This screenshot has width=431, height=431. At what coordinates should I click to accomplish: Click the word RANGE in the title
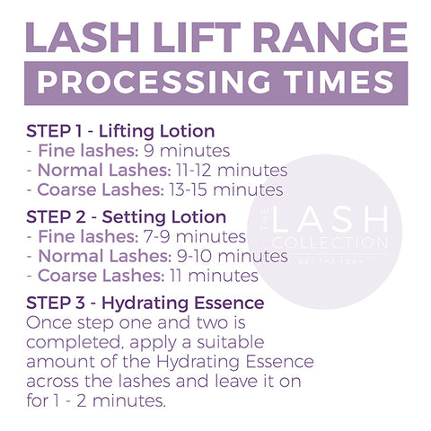point(330,38)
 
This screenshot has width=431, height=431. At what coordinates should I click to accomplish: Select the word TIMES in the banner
point(339,82)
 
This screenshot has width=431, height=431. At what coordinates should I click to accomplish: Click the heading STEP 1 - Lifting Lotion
point(120,131)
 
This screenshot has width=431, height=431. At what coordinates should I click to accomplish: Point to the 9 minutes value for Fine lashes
point(187,151)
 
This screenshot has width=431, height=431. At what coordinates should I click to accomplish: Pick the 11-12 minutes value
point(232,170)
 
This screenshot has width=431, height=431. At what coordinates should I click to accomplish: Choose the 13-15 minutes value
point(226,189)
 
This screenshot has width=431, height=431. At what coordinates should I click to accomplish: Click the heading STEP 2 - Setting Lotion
point(126,217)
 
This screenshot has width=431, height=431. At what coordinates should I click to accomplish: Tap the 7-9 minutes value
point(195,236)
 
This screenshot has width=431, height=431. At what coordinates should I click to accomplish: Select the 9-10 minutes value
point(233,256)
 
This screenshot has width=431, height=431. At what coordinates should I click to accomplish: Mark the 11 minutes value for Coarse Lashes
point(214,276)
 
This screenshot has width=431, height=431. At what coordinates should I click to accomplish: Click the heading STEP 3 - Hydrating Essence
point(145,303)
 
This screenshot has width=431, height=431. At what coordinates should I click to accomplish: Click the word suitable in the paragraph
point(230,342)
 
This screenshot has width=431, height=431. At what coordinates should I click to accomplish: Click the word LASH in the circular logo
point(330,219)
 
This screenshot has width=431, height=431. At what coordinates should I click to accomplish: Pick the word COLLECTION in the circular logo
point(330,242)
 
